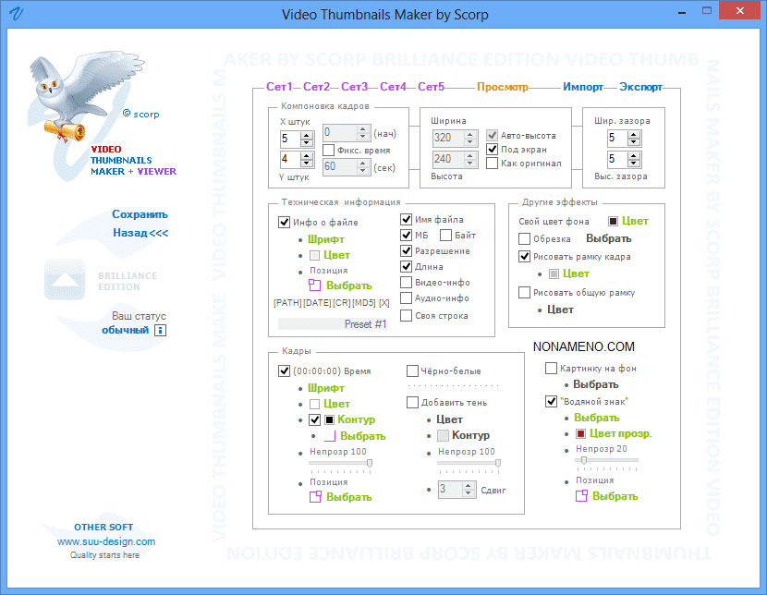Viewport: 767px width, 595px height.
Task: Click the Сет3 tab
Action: tap(354, 87)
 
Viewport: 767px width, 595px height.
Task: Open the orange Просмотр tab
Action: tap(503, 87)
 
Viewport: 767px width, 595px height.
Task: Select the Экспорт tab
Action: tap(640, 87)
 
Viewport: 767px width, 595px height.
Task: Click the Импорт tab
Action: tap(582, 87)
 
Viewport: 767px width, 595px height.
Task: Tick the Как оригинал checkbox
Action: tap(493, 164)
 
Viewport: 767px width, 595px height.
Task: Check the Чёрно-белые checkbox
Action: tap(413, 371)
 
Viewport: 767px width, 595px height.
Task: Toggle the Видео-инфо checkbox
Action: tap(407, 283)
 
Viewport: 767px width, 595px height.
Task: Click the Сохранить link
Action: tap(140, 214)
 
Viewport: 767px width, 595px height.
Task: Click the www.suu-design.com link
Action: tap(106, 541)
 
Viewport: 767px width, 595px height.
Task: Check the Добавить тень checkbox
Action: tap(413, 402)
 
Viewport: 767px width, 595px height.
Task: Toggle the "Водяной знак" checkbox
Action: tap(552, 401)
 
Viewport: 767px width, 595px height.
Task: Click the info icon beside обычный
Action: tap(160, 330)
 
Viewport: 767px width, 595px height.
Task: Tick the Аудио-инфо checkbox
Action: tap(407, 298)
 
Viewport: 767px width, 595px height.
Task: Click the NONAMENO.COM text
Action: tap(583, 347)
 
